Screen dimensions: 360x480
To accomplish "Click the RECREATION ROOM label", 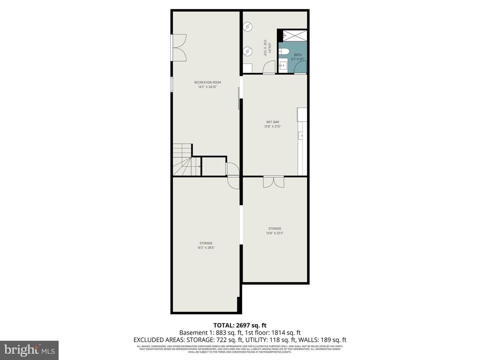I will pyautogui.click(x=207, y=82).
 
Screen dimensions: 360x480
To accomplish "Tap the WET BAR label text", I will pyautogui.click(x=272, y=122).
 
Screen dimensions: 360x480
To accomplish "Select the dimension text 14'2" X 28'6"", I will pyautogui.click(x=206, y=248).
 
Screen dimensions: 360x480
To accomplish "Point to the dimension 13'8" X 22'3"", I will pyautogui.click(x=275, y=233).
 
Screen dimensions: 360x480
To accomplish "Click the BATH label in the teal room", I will pyautogui.click(x=298, y=55).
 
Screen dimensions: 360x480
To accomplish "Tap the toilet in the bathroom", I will pyautogui.click(x=284, y=51).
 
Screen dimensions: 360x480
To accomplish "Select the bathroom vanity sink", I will pyautogui.click(x=283, y=65).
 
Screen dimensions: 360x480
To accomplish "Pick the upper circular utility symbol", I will pyautogui.click(x=247, y=27).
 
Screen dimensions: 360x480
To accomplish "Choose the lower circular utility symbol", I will pyautogui.click(x=247, y=51).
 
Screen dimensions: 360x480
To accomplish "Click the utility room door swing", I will pyautogui.click(x=269, y=67).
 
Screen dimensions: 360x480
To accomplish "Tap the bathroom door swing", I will pyautogui.click(x=300, y=68).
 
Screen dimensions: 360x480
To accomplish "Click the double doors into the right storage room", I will pyautogui.click(x=273, y=182).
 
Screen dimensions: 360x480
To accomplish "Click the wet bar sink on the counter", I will pyautogui.click(x=301, y=135).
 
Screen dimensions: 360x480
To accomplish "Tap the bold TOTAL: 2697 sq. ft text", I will pyautogui.click(x=240, y=325).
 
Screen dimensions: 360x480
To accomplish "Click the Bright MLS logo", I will pyautogui.click(x=29, y=350).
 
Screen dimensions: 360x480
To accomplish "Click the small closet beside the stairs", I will pyautogui.click(x=214, y=166).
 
